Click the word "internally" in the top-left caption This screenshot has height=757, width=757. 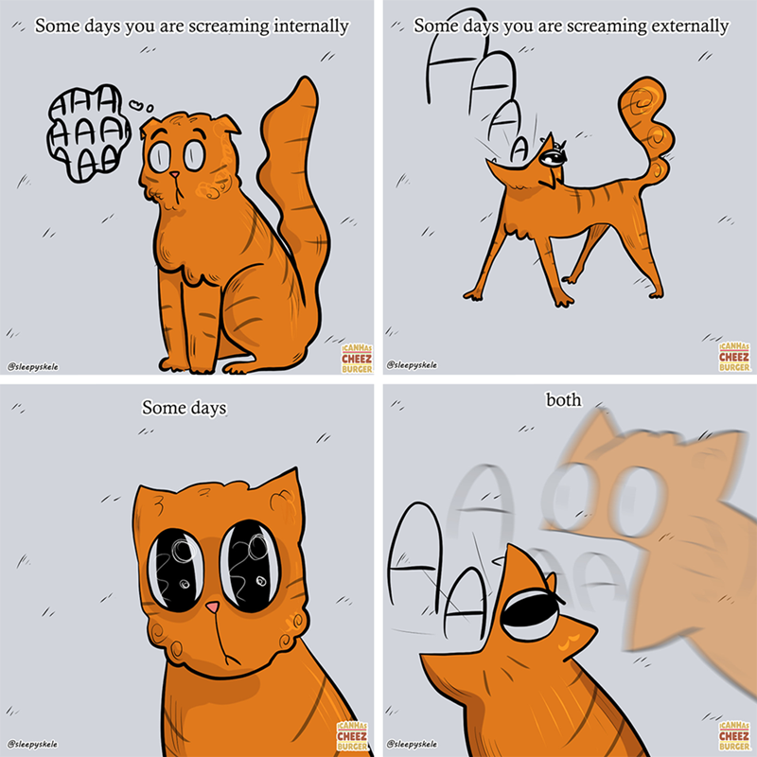[311, 26]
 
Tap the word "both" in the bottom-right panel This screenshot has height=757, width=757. [563, 399]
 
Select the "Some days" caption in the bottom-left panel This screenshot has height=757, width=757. [184, 408]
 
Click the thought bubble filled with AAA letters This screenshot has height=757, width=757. [88, 132]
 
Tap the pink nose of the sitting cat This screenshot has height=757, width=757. [174, 174]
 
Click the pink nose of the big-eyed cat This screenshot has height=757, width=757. [212, 607]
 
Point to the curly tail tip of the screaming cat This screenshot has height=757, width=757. [643, 101]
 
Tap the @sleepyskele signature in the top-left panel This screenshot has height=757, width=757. [33, 367]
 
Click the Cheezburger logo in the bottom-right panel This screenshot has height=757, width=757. [734, 736]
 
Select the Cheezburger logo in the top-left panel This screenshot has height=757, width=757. [357, 359]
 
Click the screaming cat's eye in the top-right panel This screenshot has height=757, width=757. [552, 157]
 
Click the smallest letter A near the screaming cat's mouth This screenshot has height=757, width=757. [519, 150]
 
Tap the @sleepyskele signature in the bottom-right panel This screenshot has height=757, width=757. [412, 744]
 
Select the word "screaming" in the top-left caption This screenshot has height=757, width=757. [229, 27]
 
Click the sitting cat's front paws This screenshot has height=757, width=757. [193, 364]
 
